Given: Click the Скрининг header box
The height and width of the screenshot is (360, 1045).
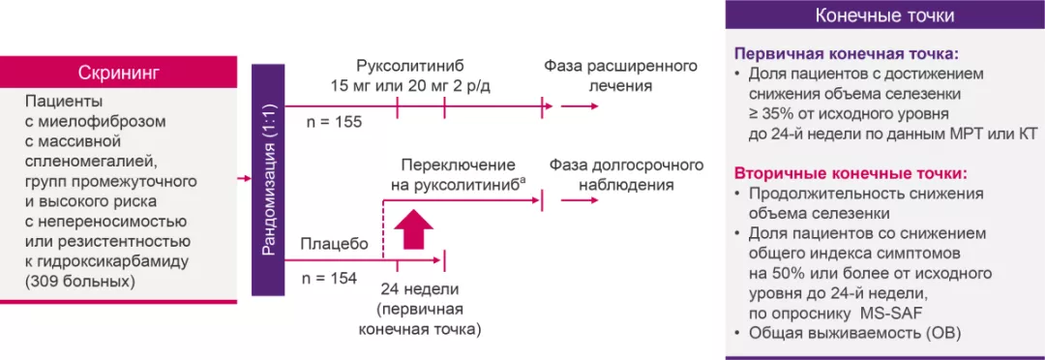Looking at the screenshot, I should (118, 73).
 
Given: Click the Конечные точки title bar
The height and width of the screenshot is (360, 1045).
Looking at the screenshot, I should (884, 16).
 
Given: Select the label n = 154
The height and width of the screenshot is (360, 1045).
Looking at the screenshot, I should (330, 279).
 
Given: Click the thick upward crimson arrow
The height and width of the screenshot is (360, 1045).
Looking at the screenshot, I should (413, 233).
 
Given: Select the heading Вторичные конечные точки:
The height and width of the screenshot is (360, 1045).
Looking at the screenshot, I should (851, 174).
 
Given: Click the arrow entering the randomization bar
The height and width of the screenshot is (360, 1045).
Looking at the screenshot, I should (245, 179).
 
